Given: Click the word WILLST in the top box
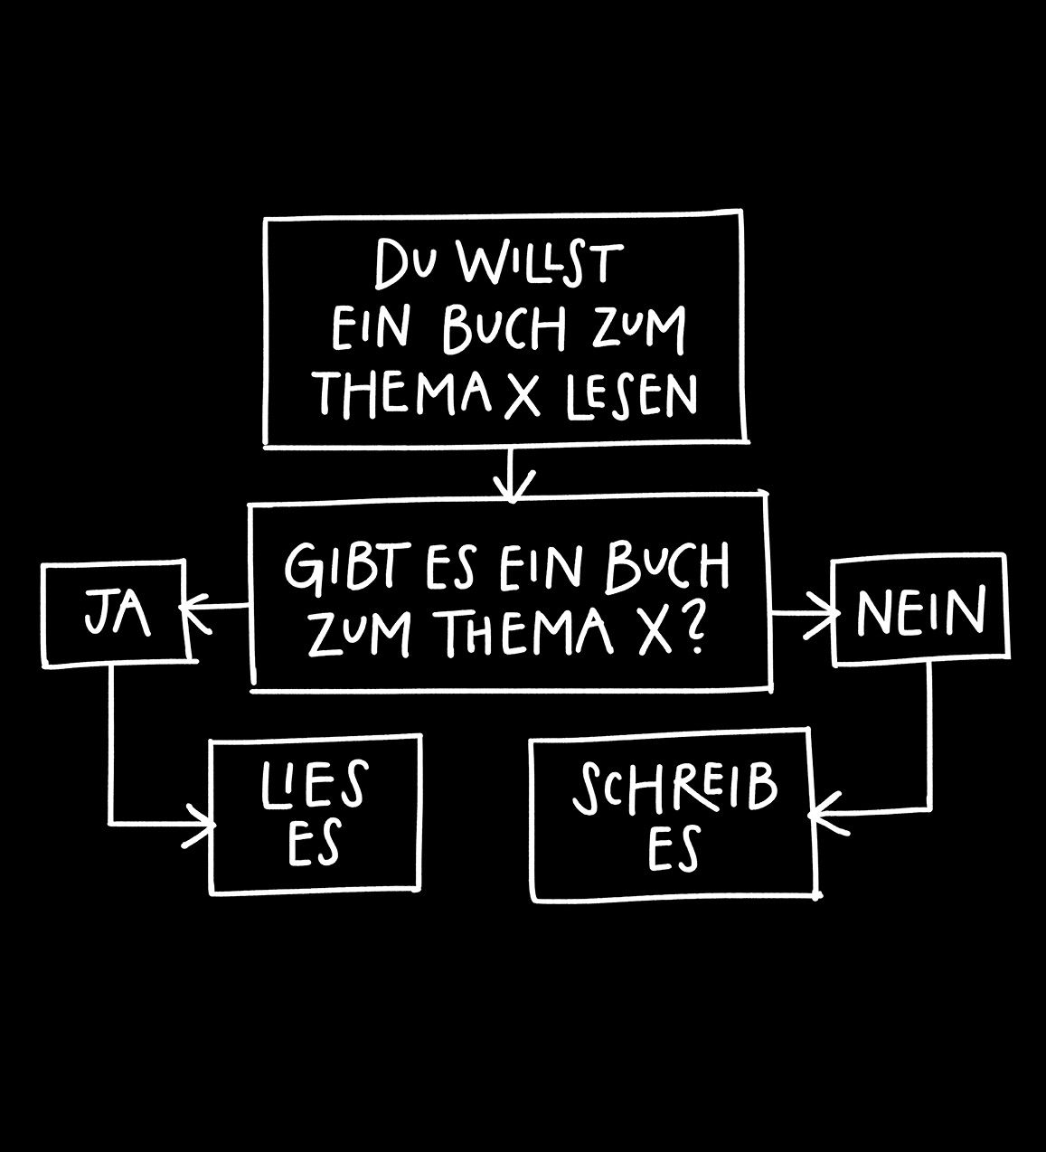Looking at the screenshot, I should click(x=540, y=263).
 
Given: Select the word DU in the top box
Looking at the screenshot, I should click(x=407, y=264).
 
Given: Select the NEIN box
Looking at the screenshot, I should click(x=919, y=609).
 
